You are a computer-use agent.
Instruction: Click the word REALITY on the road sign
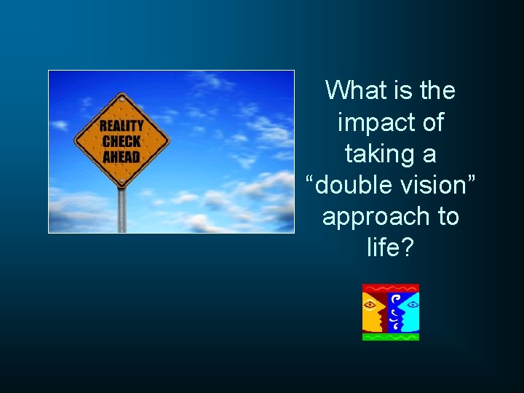[122, 126]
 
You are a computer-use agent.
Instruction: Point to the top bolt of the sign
[122, 100]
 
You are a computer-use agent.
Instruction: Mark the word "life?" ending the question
[391, 248]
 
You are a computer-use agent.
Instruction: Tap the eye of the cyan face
[412, 303]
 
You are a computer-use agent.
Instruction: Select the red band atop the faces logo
[391, 288]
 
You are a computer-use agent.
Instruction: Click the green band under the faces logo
[391, 337]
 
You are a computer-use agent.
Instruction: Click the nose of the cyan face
[400, 309]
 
